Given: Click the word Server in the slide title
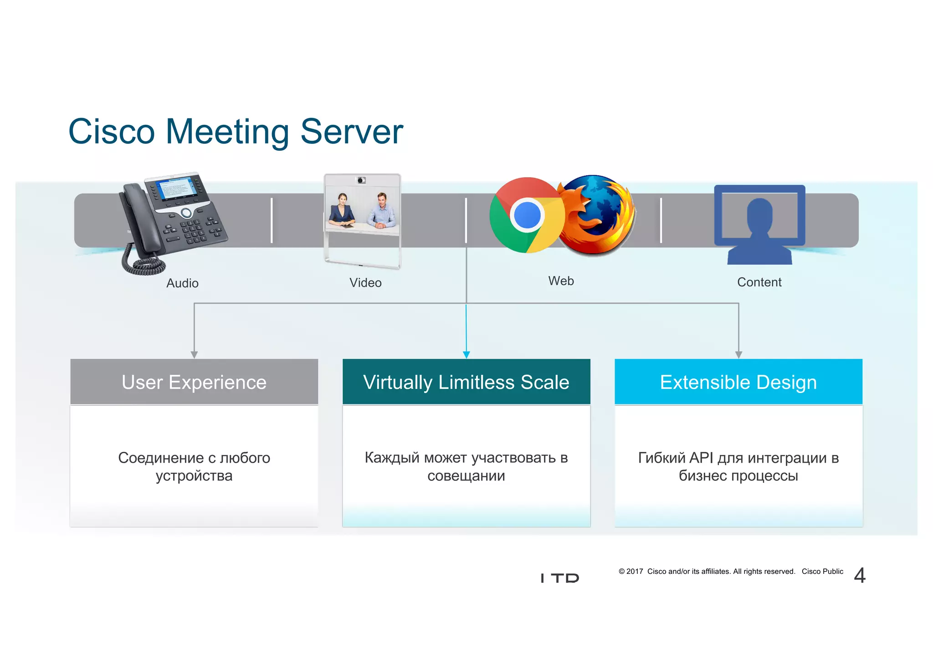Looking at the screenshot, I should tap(352, 132).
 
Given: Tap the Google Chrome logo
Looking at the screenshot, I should tap(526, 215).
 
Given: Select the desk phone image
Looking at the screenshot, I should tap(175, 214).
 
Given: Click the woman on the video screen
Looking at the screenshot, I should tap(342, 210).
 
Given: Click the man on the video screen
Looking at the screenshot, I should tap(382, 210).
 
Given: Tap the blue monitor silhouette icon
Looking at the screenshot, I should tap(759, 223).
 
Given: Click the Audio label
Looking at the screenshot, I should tap(182, 283).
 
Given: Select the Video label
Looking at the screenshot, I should tap(365, 283).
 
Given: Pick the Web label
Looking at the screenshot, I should tap(561, 281).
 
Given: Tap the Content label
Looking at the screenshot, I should tap(759, 282).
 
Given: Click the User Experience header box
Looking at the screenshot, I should tap(194, 382).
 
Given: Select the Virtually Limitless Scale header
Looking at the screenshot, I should tap(466, 382).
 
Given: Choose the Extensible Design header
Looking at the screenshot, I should tap(738, 382).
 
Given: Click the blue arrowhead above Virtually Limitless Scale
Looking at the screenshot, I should tap(466, 355).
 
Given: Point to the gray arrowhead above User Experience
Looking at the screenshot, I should tap(194, 355).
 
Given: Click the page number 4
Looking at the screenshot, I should tap(860, 576).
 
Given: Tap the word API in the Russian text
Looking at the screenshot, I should tap(701, 458).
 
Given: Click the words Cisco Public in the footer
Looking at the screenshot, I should tap(822, 572).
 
